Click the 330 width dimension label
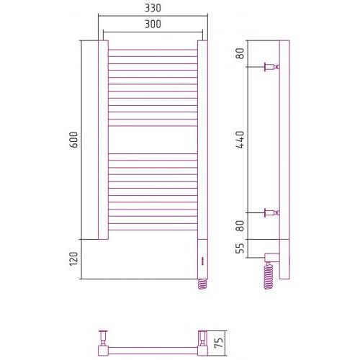coord(153,8)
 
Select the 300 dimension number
coord(153,24)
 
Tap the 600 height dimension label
coord(74,140)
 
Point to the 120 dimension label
coord(74,258)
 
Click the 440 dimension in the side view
coord(240,140)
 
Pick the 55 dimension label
coord(240,248)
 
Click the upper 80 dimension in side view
coord(240,53)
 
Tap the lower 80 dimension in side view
coord(240,226)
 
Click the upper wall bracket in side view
coord(272,67)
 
